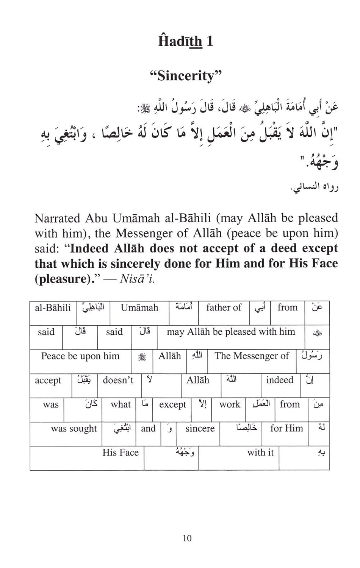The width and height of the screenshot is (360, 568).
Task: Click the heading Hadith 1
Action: [185, 41]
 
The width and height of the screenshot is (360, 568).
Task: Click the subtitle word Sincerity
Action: [185, 75]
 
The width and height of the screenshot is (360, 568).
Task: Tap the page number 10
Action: [187, 538]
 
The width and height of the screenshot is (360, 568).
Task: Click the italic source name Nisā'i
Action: [137, 279]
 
